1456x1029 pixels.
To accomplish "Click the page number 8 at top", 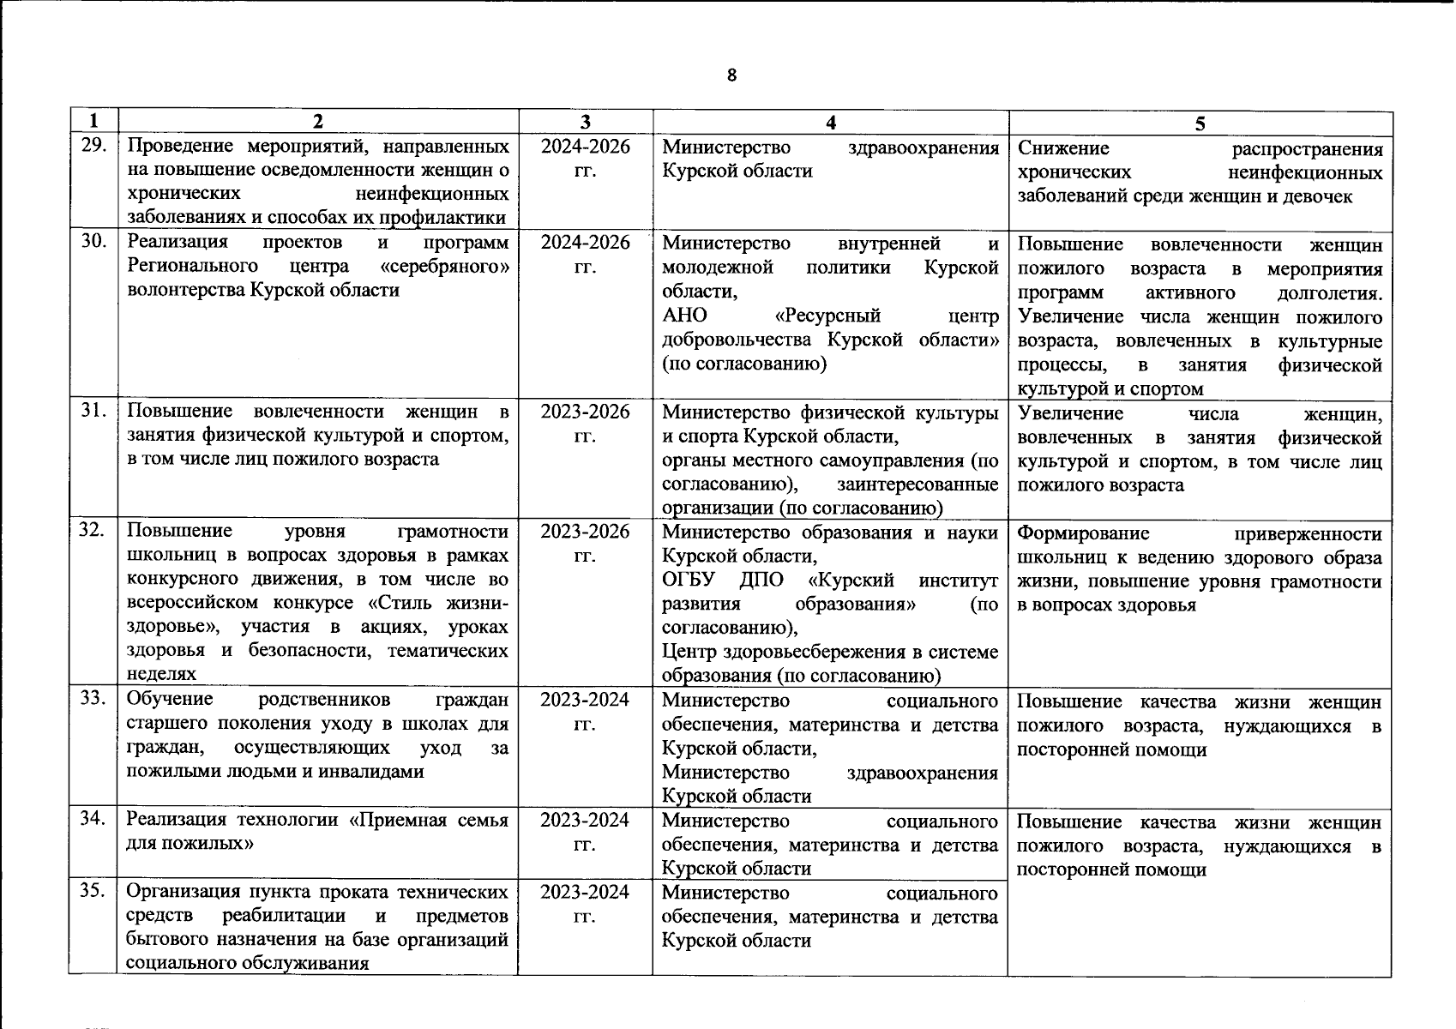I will point(731,75).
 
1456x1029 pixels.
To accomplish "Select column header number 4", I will point(830,122).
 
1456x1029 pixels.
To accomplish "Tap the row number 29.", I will point(93,146).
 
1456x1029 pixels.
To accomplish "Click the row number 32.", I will point(93,530).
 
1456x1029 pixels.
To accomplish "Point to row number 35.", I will point(93,891).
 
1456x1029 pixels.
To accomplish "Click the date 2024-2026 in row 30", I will point(585,243).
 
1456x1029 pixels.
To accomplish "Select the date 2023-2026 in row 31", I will point(585,412).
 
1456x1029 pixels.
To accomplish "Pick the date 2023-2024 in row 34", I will point(585,820).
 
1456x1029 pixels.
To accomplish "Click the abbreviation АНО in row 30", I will point(684,315).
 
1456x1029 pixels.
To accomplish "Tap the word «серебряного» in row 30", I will point(454,266).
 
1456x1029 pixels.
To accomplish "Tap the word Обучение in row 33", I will point(170,700).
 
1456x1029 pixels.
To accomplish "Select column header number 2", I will point(317,122).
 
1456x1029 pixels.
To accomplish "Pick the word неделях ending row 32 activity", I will point(161,675).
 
